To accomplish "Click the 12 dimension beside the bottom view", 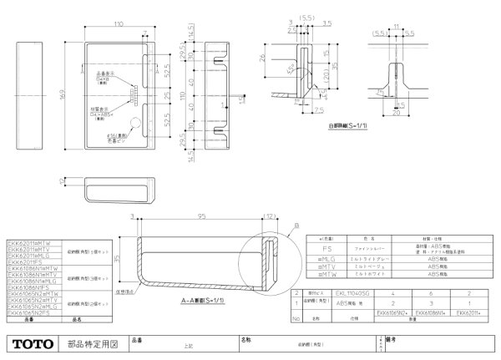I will click(64, 180).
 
